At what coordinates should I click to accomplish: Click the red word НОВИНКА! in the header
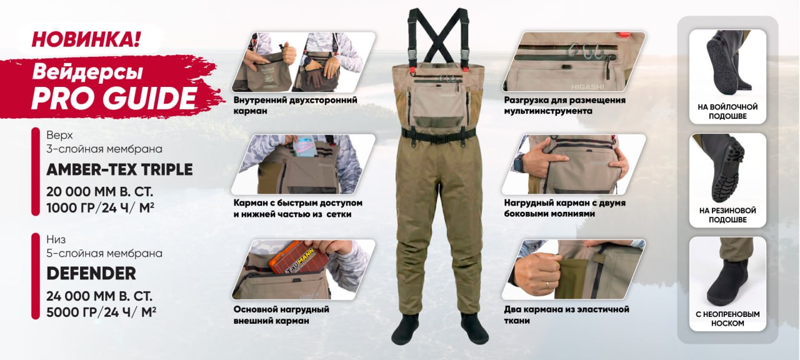(86, 39)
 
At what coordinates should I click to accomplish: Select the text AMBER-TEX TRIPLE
(119, 169)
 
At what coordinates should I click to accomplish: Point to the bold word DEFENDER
(91, 274)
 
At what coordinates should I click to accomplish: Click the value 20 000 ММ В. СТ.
(99, 192)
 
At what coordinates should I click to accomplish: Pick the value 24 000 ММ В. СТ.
(99, 296)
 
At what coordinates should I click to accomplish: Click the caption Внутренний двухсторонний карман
(296, 106)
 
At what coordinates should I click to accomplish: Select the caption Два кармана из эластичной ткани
(566, 315)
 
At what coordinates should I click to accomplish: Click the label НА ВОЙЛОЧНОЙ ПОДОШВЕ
(727, 111)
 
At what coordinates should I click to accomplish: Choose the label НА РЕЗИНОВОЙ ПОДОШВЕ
(727, 215)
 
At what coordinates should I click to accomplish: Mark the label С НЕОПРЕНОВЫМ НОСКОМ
(727, 319)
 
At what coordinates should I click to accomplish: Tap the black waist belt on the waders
(439, 136)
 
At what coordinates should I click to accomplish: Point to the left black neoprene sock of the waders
(406, 329)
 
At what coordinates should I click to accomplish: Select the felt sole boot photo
(727, 64)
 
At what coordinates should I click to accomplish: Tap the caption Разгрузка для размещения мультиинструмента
(564, 106)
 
